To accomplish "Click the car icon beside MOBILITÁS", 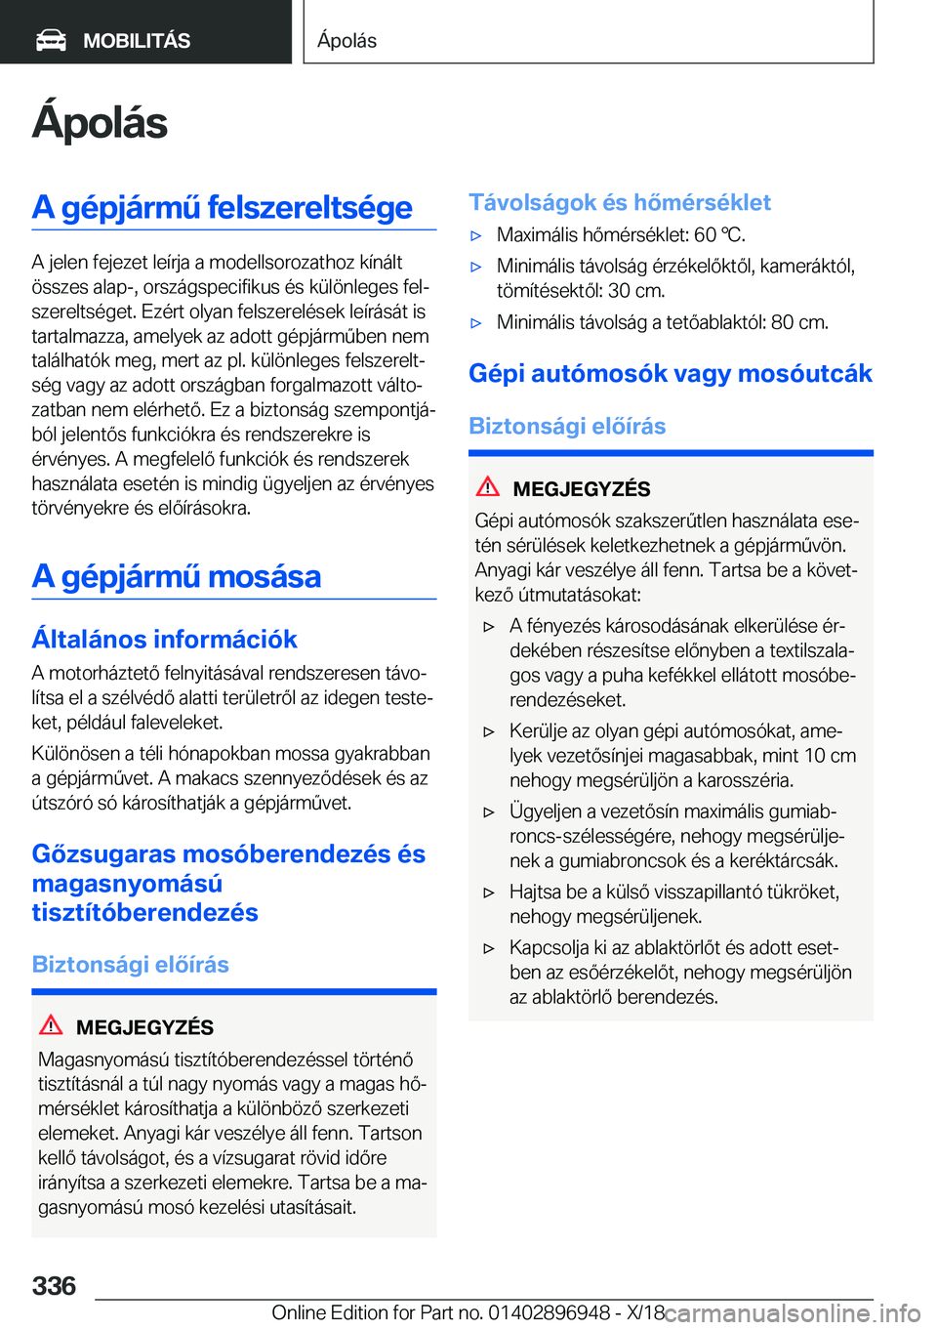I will pos(52,40).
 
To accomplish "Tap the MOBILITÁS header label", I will pos(137,41).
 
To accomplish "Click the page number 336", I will pos(55,1286).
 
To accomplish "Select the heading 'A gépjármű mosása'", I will pos(177,576).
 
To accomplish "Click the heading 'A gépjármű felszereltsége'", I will pos(223,207).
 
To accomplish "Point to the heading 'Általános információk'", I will pos(165,639).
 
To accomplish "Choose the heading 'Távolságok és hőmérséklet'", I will pos(620,202).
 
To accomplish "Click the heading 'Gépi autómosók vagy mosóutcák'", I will pos(671,373).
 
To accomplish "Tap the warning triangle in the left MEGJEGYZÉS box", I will pos(51,1025).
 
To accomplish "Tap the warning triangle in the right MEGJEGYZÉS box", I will pos(488,487).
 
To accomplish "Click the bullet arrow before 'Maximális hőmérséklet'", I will pos(476,235).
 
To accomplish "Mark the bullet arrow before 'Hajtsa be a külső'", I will pos(489,892).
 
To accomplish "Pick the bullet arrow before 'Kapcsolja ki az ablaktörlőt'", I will pos(489,947).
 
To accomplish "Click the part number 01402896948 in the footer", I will pos(550,1312).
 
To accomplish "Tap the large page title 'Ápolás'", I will pos(100,123).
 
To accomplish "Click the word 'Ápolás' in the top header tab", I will pos(346,40).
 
